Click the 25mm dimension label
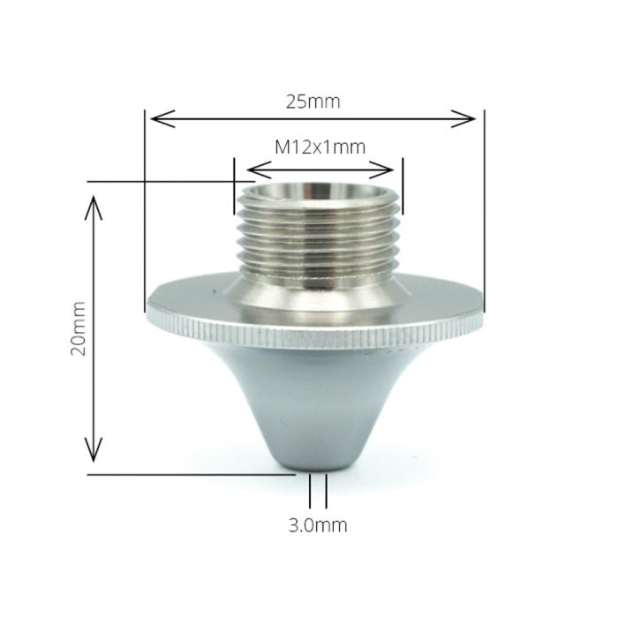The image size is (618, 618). point(313,102)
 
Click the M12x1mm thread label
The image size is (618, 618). point(319,147)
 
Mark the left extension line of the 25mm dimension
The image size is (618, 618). point(144,212)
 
